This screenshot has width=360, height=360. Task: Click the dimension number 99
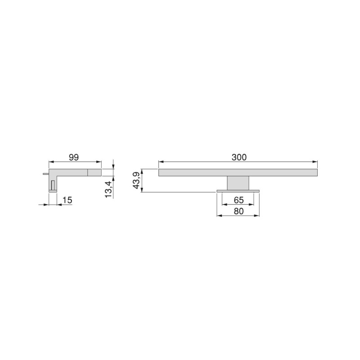coord(74,157)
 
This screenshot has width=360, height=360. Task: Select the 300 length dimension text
coord(238,157)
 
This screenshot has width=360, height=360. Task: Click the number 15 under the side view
coord(67,200)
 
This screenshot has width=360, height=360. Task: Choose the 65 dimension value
coord(238,199)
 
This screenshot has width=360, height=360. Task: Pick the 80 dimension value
coord(238,211)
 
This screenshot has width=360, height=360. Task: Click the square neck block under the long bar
coord(238,183)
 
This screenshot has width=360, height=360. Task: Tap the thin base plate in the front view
coord(238,191)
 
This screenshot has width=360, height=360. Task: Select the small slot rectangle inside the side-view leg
coord(53,184)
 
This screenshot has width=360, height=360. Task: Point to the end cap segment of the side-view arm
coord(94,172)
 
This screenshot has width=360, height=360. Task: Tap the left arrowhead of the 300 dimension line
coord(161,162)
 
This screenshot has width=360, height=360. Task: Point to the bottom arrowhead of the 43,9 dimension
coord(142,190)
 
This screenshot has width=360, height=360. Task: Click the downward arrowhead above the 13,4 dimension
coord(113,166)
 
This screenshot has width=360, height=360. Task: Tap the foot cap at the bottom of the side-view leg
coord(53,191)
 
